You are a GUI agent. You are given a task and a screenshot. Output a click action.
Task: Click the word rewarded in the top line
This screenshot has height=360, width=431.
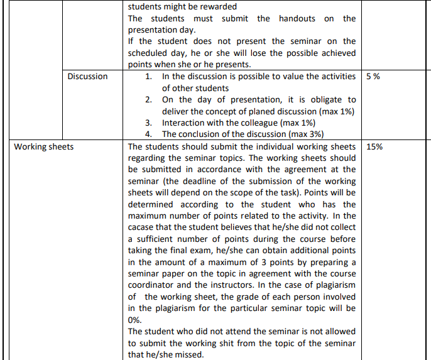click(x=215, y=7)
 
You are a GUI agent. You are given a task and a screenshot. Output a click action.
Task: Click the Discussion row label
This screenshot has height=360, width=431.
click(x=88, y=76)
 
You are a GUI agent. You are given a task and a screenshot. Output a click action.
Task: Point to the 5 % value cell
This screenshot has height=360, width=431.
click(x=373, y=76)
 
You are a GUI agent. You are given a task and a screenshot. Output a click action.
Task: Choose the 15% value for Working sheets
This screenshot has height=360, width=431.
click(x=374, y=146)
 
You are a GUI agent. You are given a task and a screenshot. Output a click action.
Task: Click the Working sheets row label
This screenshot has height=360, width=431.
click(x=44, y=146)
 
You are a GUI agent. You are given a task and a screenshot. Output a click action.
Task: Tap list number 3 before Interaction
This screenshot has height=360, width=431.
click(x=148, y=123)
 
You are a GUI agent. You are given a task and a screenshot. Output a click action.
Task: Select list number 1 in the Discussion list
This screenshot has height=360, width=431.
click(x=148, y=76)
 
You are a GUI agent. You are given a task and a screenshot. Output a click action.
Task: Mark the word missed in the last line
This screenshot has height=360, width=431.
click(x=192, y=354)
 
